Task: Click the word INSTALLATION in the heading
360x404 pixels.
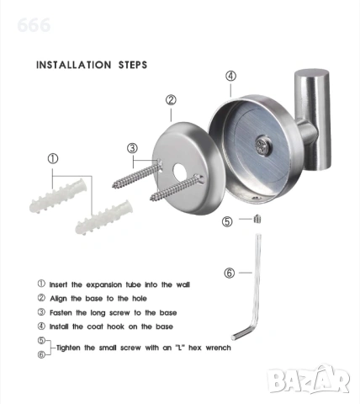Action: pos(74,65)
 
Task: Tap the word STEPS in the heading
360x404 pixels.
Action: pos(133,65)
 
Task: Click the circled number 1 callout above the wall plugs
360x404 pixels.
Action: pos(53,159)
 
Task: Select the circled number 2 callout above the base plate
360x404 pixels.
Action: pos(171,100)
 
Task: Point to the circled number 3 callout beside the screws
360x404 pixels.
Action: pos(132,148)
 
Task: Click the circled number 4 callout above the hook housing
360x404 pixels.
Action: pos(230,76)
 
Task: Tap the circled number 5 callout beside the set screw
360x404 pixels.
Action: pos(227,221)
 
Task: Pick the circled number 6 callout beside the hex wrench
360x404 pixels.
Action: pos(230,273)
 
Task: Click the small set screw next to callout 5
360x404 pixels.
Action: pos(257,219)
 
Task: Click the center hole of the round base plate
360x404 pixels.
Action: pos(180,172)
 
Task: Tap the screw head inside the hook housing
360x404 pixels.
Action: pos(262,146)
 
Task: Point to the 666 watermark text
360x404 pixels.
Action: pos(34,25)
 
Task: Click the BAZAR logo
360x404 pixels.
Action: pos(308,378)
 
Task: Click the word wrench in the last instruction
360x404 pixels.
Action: pos(218,348)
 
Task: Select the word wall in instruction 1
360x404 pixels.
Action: pos(183,284)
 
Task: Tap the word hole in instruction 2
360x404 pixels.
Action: pos(140,299)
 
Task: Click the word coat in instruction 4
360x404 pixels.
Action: pos(95,327)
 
